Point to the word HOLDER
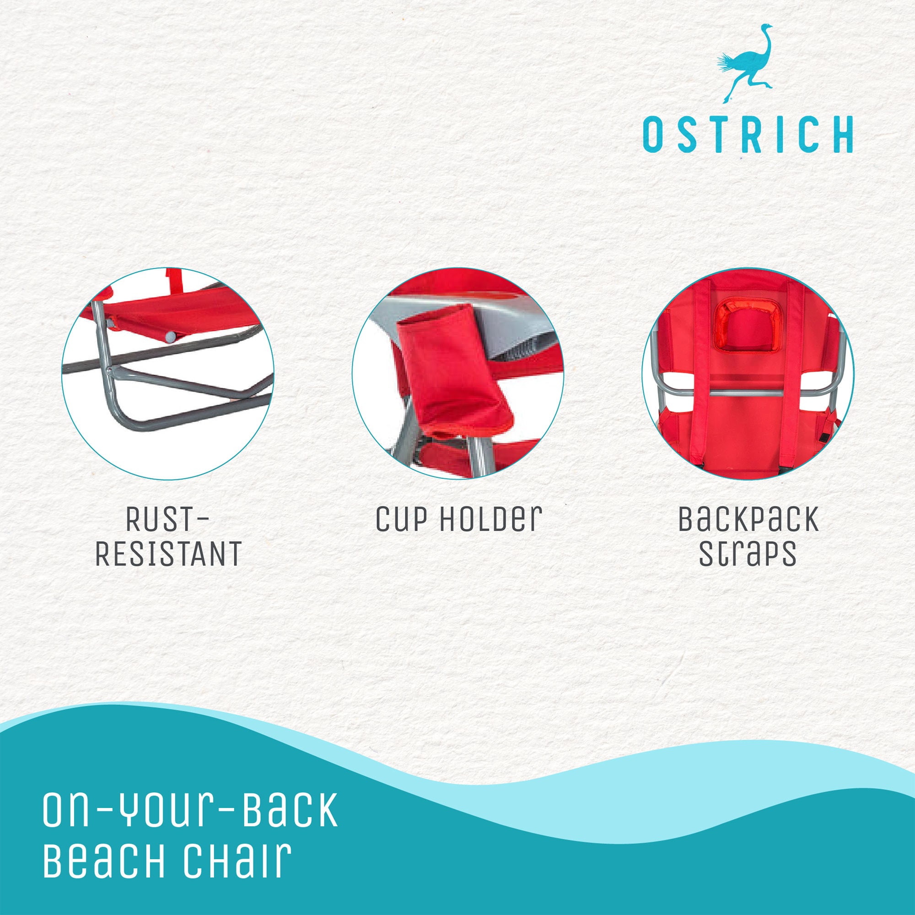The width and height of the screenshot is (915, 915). coord(490,519)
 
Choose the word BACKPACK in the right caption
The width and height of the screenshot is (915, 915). coord(748,519)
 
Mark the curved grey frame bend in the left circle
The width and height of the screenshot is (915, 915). coord(121,419)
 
